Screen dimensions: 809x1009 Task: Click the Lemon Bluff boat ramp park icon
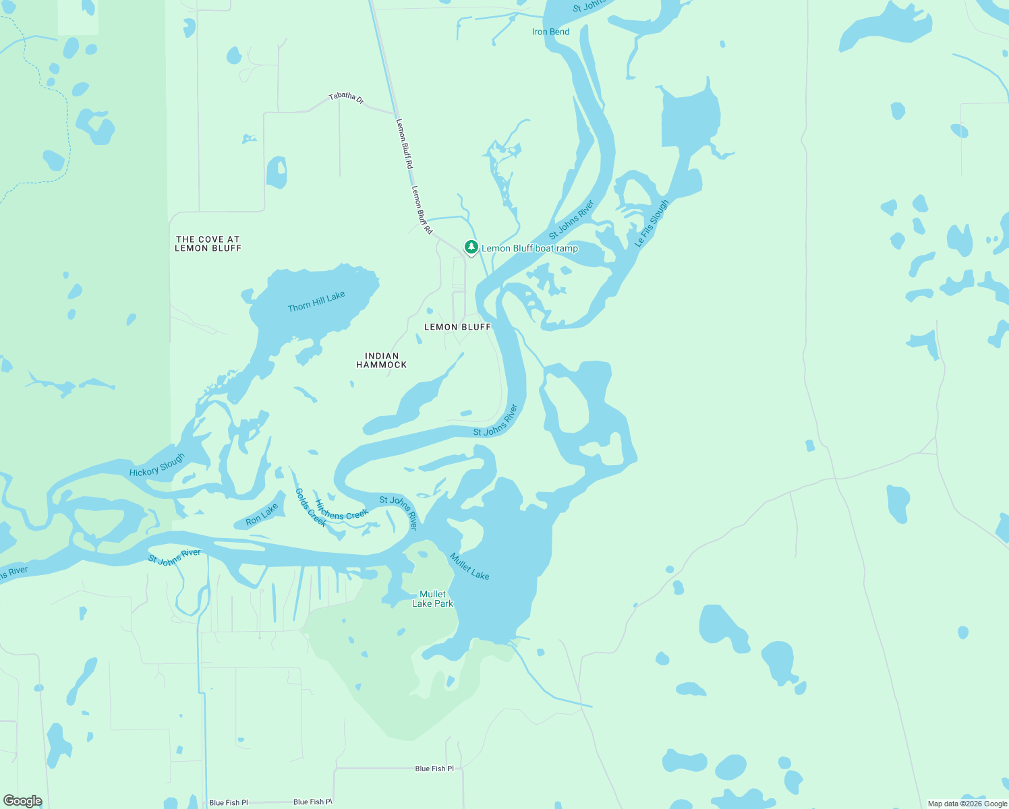(471, 247)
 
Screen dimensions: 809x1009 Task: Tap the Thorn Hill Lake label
(316, 301)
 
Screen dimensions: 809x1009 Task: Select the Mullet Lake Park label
(432, 599)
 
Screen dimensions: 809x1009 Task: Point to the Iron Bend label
(550, 32)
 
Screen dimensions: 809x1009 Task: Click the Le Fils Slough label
(652, 223)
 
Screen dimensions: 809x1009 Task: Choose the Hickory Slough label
(157, 465)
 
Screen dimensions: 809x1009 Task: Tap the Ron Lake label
(262, 515)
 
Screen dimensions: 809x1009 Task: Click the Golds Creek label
(311, 507)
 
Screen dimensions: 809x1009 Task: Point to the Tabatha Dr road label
(346, 98)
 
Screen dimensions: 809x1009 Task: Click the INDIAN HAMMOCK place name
(382, 360)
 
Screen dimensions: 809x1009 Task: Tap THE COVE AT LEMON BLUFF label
(208, 243)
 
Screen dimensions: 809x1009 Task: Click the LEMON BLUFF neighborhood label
(457, 327)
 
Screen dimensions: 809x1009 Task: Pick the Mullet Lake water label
(469, 566)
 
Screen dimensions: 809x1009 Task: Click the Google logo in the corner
(23, 801)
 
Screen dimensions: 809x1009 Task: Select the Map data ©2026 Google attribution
(967, 804)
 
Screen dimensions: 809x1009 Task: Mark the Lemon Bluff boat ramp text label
(529, 248)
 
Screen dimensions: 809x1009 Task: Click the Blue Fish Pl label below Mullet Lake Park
(434, 769)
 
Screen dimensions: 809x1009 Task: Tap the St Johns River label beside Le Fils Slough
(571, 220)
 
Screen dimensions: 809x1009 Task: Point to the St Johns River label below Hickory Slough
(175, 556)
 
